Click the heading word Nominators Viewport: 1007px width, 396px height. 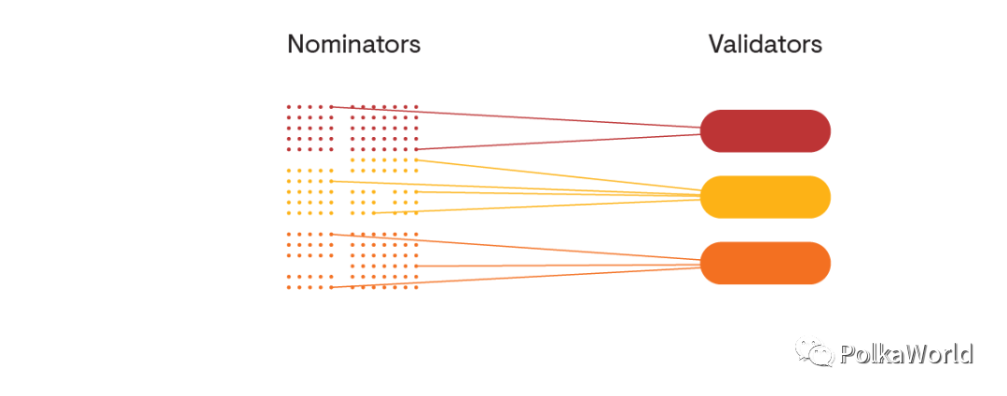(354, 45)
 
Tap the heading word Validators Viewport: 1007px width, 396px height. (766, 45)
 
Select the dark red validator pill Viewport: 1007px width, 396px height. (766, 131)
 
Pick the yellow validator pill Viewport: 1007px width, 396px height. (766, 197)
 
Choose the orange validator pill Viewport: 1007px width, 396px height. (766, 263)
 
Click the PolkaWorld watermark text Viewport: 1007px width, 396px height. (905, 354)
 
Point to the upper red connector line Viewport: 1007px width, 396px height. (516, 117)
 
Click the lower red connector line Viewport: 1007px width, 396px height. (559, 142)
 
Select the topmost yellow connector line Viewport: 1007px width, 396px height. (559, 175)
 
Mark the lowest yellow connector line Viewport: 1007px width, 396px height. (537, 206)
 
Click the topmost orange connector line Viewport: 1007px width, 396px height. (516, 247)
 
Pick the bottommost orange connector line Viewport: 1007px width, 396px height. (516, 278)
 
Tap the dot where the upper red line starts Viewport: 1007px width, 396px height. (331, 106)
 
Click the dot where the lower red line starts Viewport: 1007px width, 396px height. (416, 149)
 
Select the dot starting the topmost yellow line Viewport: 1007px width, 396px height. (416, 160)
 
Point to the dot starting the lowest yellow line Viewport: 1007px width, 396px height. (374, 212)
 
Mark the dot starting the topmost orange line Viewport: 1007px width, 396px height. (331, 234)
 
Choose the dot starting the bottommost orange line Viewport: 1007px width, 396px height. (331, 287)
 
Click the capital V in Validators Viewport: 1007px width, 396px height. (717, 45)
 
